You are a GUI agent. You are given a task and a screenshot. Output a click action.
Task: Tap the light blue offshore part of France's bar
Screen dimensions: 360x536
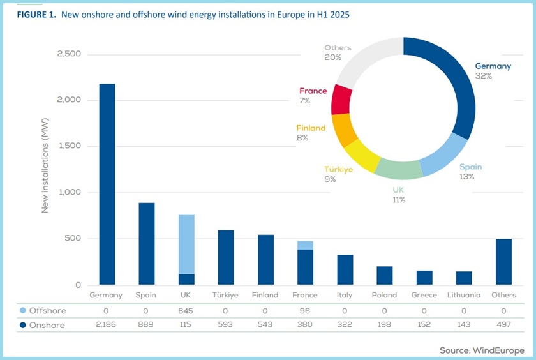click(x=305, y=245)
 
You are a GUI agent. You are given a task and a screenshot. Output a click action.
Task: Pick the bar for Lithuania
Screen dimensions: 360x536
click(x=464, y=278)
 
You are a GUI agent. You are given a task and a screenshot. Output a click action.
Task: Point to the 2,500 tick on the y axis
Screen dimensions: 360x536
click(x=69, y=54)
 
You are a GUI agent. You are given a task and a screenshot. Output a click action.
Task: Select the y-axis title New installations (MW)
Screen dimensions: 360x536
click(x=45, y=169)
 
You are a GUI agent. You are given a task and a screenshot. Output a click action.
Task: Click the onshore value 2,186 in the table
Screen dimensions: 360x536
click(x=106, y=324)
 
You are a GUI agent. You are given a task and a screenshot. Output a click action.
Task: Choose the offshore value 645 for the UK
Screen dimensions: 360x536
click(x=186, y=311)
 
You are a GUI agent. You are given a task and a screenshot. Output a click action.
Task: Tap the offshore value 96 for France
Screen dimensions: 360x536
click(x=305, y=311)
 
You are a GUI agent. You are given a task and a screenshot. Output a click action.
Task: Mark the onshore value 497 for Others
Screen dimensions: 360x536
click(x=503, y=324)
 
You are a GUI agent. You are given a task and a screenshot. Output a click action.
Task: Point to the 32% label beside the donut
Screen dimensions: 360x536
click(x=483, y=75)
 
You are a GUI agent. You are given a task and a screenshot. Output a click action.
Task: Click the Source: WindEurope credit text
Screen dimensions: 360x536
click(x=482, y=350)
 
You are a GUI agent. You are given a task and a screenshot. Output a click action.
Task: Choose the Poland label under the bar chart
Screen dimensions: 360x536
click(x=384, y=295)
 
